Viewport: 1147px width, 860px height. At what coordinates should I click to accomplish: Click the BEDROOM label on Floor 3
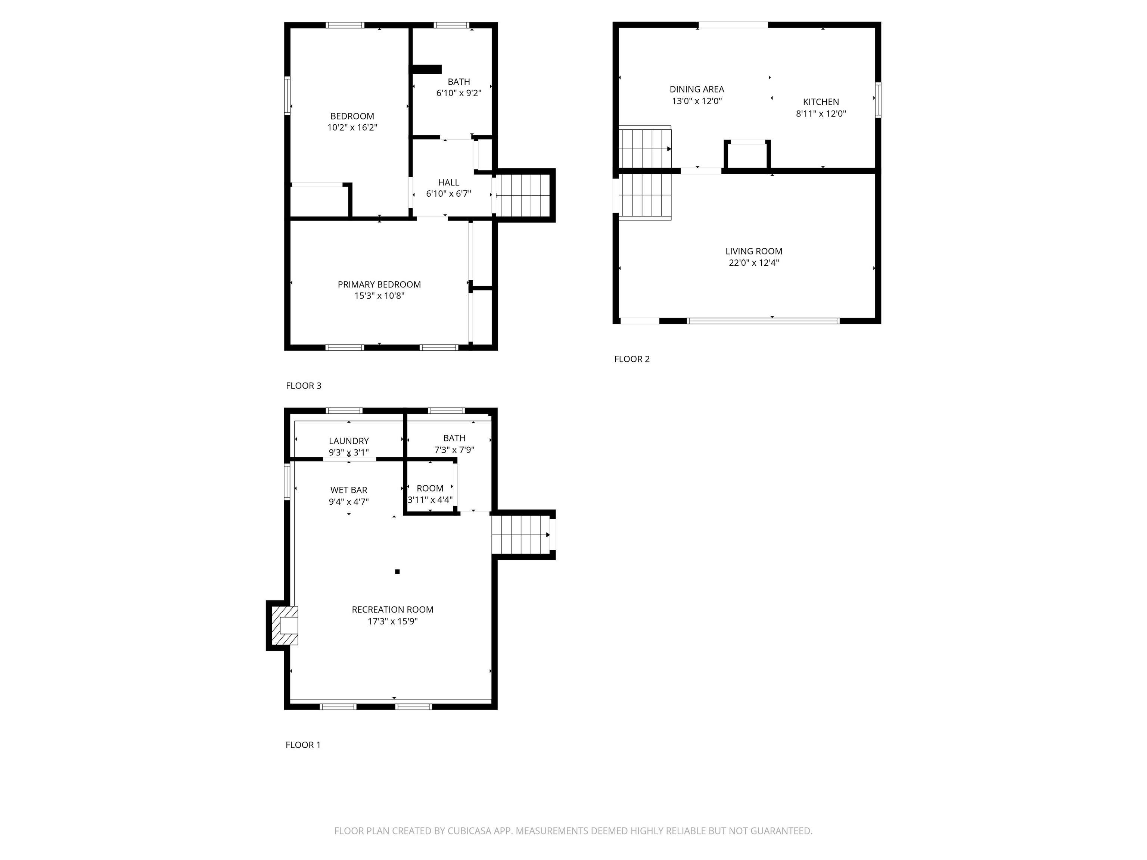click(x=352, y=116)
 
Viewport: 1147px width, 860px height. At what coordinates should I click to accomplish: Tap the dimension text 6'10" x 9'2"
click(x=459, y=93)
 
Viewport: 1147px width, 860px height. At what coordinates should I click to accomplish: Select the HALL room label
click(x=448, y=183)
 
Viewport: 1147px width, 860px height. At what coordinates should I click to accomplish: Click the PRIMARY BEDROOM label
click(x=379, y=284)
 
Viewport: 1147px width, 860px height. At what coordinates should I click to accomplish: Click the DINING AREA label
click(x=696, y=90)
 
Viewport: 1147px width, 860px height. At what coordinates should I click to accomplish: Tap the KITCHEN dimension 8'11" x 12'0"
click(x=821, y=113)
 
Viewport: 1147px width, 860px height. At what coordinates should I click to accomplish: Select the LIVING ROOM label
click(x=753, y=252)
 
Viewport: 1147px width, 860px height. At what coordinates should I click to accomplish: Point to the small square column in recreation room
click(x=397, y=572)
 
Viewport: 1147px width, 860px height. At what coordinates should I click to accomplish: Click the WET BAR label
click(x=348, y=490)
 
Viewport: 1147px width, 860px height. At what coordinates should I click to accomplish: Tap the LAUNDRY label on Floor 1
click(x=348, y=441)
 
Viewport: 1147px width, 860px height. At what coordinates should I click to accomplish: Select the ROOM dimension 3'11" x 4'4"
click(x=430, y=500)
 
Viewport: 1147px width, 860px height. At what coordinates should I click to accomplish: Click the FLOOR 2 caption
click(x=632, y=359)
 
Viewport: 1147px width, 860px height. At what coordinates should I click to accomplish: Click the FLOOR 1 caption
click(x=303, y=745)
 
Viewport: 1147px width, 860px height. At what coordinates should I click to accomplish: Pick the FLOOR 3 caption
click(x=303, y=386)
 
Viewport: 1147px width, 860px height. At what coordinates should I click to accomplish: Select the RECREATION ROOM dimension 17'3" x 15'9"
click(x=392, y=621)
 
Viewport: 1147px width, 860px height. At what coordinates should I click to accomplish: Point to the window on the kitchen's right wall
click(x=878, y=100)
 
